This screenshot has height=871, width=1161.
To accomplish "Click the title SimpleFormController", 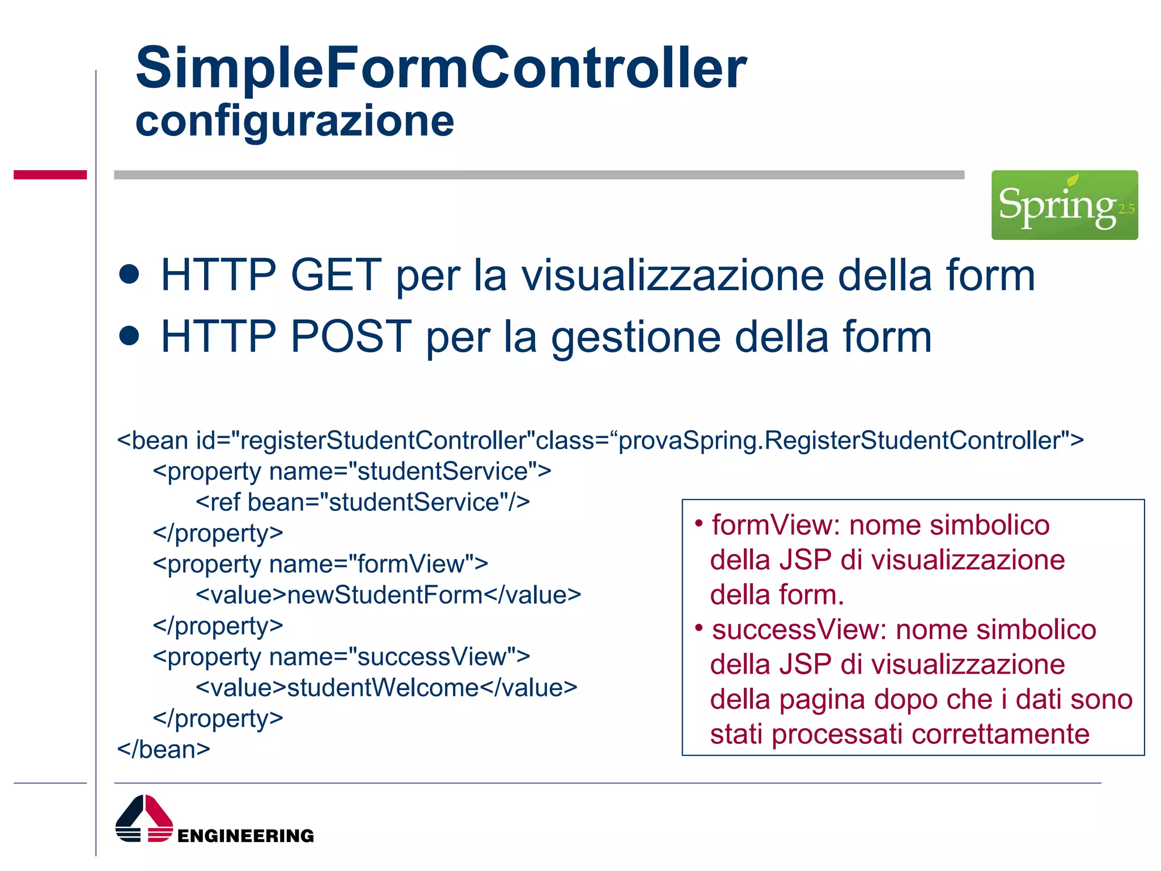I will pyautogui.click(x=441, y=68).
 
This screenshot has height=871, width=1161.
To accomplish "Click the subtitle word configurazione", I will pyautogui.click(x=294, y=121).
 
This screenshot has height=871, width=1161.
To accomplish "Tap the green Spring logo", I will pyautogui.click(x=1063, y=205).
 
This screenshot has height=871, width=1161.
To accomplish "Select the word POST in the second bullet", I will pyautogui.click(x=351, y=337).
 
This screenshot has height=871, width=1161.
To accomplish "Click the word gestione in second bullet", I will pyautogui.click(x=635, y=337).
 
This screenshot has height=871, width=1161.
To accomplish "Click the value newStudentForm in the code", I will pyautogui.click(x=385, y=595).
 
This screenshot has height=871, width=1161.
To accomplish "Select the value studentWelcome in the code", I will pyautogui.click(x=383, y=688).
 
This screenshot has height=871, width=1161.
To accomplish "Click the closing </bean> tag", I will pyautogui.click(x=163, y=750).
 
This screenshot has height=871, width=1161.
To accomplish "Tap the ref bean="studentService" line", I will pyautogui.click(x=363, y=502).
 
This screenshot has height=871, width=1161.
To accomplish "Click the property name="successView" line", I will pyautogui.click(x=341, y=657).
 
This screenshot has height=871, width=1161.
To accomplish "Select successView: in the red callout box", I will pyautogui.click(x=799, y=630).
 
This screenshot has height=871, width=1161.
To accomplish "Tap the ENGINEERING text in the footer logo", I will pyautogui.click(x=245, y=836).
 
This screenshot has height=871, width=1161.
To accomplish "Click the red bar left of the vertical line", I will pyautogui.click(x=50, y=175).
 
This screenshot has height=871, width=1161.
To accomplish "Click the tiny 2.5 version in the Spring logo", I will pyautogui.click(x=1126, y=209).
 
